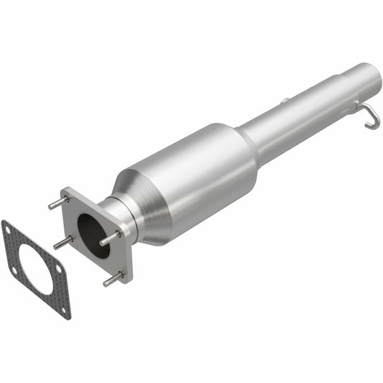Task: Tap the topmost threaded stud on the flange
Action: pos(57,203)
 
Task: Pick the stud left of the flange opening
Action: pos(61,244)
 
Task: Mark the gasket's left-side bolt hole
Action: pos(14,269)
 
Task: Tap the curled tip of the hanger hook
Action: pos(368,126)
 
